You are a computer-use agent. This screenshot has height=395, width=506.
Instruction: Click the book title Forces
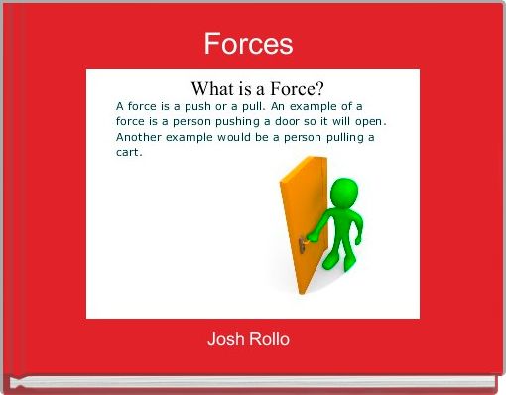[x=248, y=44]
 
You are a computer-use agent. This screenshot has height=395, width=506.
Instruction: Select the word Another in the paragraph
[x=140, y=137]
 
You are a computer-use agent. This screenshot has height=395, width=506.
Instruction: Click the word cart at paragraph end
[x=129, y=153]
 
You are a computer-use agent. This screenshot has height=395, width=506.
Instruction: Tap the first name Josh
[x=223, y=340]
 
